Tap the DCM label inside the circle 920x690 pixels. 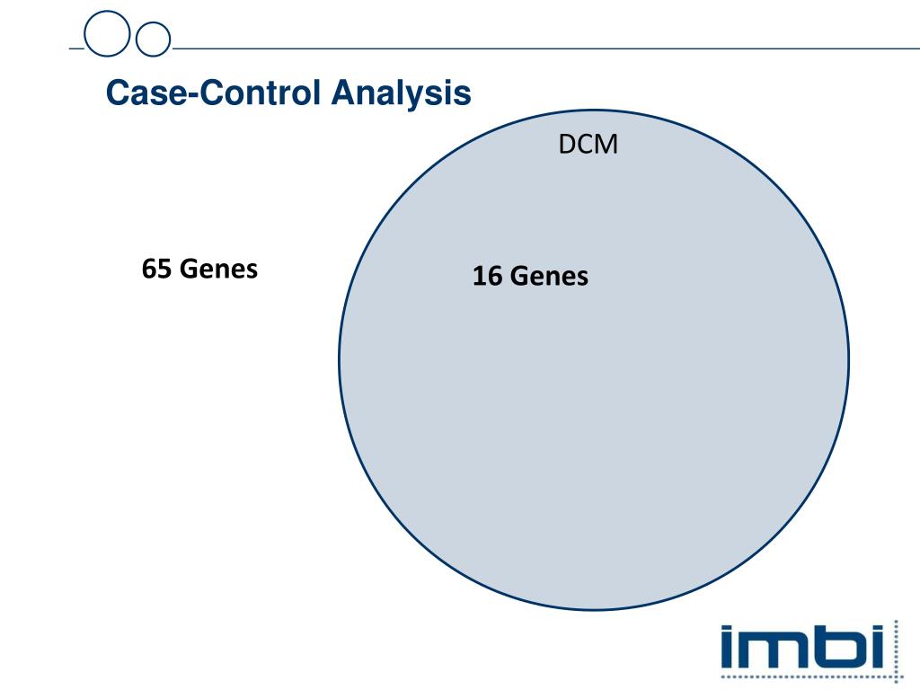[x=588, y=145]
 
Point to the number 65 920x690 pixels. [x=156, y=269]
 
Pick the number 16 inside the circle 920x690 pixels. [x=488, y=277]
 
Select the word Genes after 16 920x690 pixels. [x=549, y=277]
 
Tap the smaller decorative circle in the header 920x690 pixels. [x=152, y=38]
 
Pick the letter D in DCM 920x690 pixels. [x=567, y=145]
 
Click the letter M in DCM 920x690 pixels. [x=607, y=145]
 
